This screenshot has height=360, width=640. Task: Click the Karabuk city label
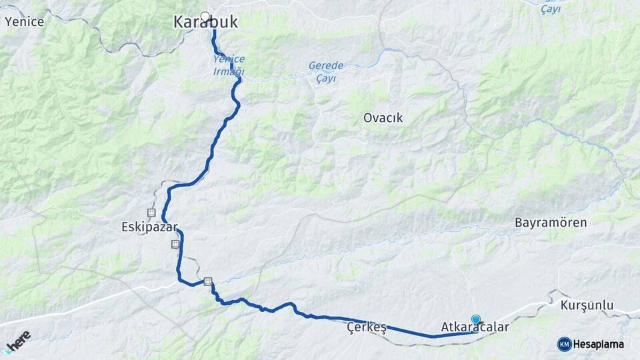pos(205,22)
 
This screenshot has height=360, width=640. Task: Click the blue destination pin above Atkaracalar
pos(475,319)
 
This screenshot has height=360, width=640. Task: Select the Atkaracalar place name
pos(475,328)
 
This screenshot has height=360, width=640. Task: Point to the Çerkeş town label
pos(367,328)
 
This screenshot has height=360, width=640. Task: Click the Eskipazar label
pos(150,227)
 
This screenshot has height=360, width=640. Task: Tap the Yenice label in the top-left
pos(24,21)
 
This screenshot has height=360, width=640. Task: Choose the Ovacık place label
pos(383,118)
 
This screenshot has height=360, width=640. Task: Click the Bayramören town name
pos(551,223)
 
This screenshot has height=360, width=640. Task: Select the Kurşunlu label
pos(587,305)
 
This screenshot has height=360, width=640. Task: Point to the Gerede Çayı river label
pos(326,71)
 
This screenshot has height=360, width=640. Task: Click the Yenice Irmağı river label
pos(229,65)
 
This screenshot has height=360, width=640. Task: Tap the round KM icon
pos(564,344)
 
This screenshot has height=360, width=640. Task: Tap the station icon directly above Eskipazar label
pos(151,213)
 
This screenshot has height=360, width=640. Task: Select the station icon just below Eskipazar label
pos(175,244)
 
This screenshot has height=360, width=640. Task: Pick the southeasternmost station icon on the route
pos(208,281)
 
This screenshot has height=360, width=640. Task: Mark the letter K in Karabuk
pos(179,22)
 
